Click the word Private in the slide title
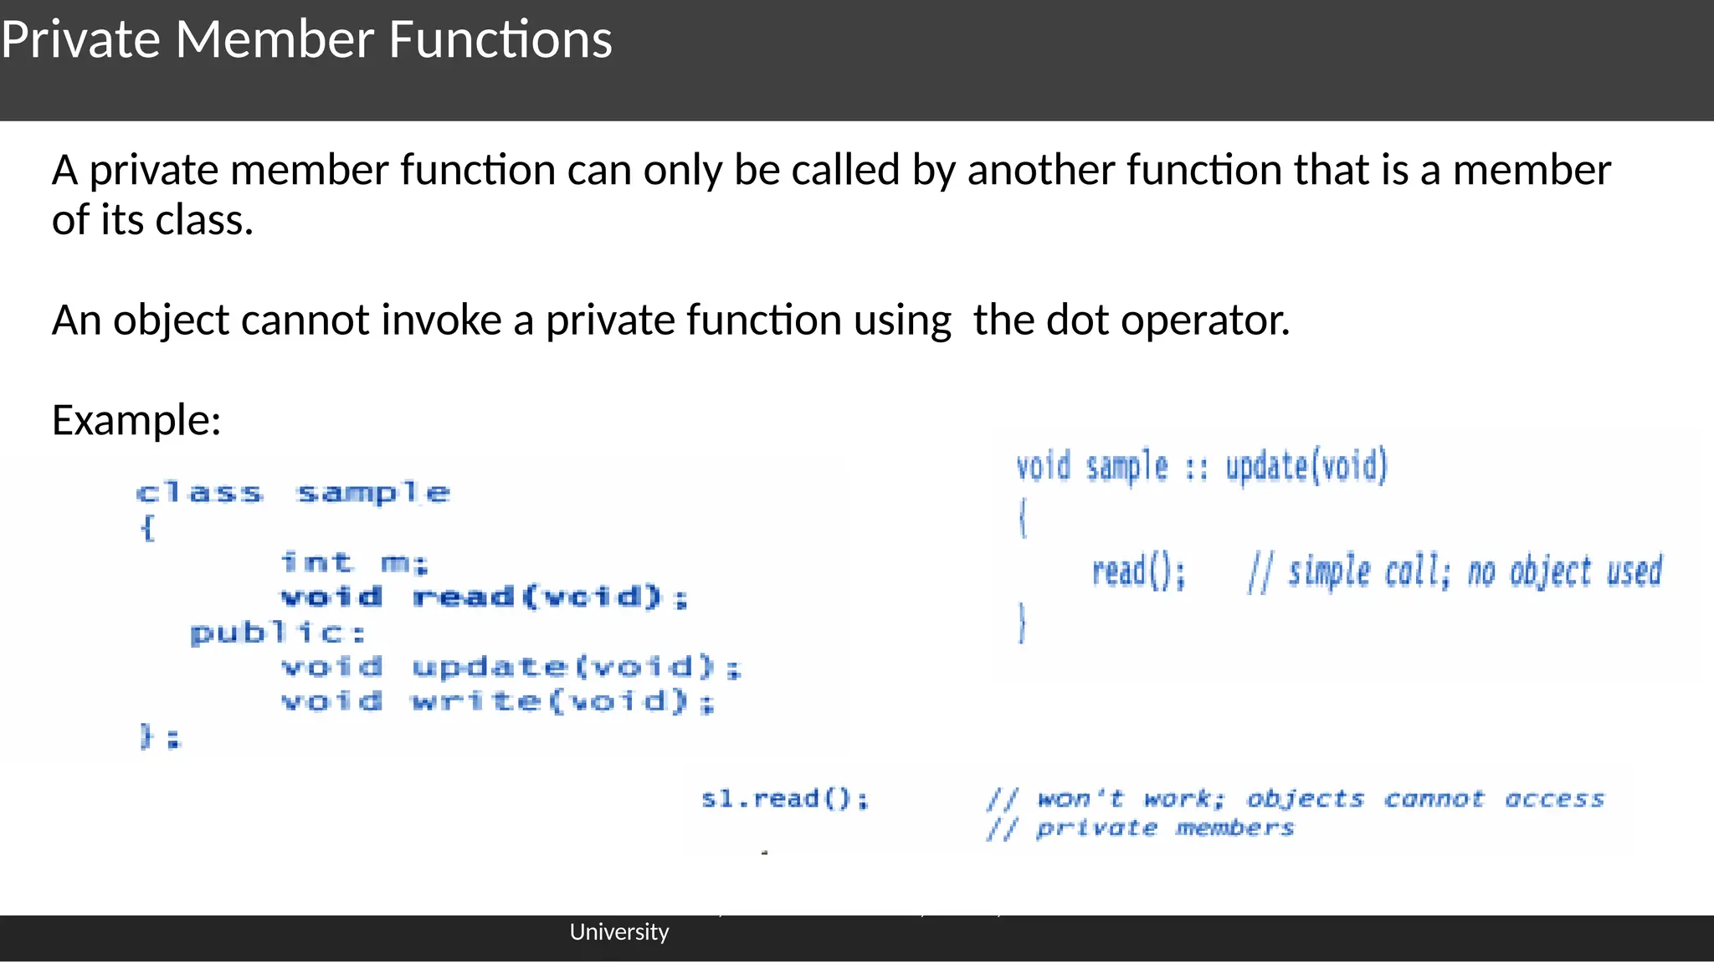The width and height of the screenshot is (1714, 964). [80, 39]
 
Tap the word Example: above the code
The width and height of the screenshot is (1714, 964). [136, 419]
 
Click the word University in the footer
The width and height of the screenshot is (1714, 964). [618, 931]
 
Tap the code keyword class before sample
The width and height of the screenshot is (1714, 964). [199, 493]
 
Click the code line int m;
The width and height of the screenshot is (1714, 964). [354, 562]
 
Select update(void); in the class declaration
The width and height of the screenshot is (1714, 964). [576, 667]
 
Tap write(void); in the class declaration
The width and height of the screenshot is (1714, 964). [562, 701]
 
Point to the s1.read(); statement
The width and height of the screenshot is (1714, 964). [784, 798]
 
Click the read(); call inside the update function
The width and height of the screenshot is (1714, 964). [1138, 572]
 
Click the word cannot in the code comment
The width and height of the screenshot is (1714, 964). [1434, 799]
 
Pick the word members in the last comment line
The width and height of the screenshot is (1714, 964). [1234, 828]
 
